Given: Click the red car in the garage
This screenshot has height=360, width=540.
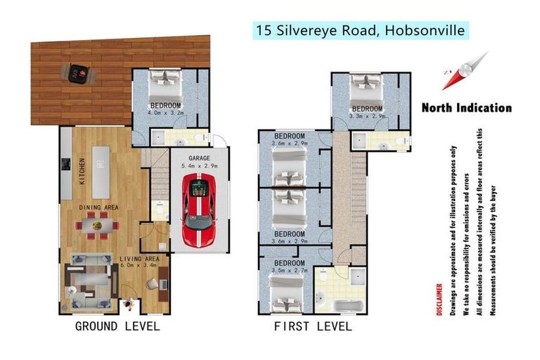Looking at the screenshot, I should (200, 209).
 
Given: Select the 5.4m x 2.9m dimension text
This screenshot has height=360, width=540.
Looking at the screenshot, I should (200, 167).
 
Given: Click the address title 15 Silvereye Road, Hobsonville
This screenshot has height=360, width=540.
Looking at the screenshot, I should (359, 30).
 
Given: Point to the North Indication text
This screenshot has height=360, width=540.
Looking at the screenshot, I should (466, 108).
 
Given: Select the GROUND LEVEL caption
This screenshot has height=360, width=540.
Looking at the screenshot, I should (117, 326).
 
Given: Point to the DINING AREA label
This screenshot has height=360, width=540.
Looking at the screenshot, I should (98, 207).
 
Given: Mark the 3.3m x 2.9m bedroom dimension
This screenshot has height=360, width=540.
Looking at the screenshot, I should (367, 117).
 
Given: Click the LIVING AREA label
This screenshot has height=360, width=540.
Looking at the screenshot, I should (141, 259).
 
